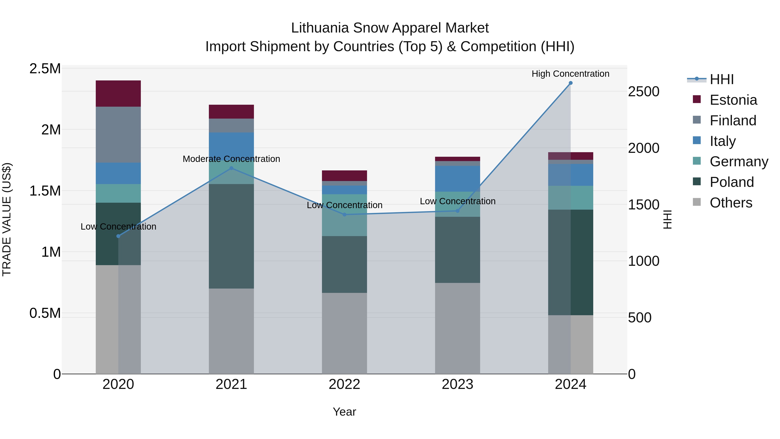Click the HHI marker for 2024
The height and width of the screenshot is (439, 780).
(x=570, y=83)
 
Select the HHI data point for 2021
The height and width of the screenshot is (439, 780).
(x=231, y=168)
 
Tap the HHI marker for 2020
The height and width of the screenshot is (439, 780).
(x=118, y=236)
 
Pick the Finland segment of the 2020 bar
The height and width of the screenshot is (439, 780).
(x=118, y=134)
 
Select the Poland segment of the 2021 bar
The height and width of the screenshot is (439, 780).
(x=231, y=236)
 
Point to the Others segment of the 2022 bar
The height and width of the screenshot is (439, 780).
(x=344, y=333)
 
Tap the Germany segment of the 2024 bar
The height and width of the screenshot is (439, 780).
(x=570, y=197)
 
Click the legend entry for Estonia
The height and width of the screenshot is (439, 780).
(x=733, y=100)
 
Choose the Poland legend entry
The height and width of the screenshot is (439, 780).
(x=731, y=182)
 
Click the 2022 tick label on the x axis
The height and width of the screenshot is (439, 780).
(x=344, y=384)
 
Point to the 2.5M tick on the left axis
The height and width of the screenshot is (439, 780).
(x=45, y=69)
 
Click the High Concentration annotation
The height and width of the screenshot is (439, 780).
(x=570, y=74)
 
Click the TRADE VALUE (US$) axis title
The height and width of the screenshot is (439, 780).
(x=7, y=219)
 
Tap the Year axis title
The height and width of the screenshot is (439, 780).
(x=344, y=412)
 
